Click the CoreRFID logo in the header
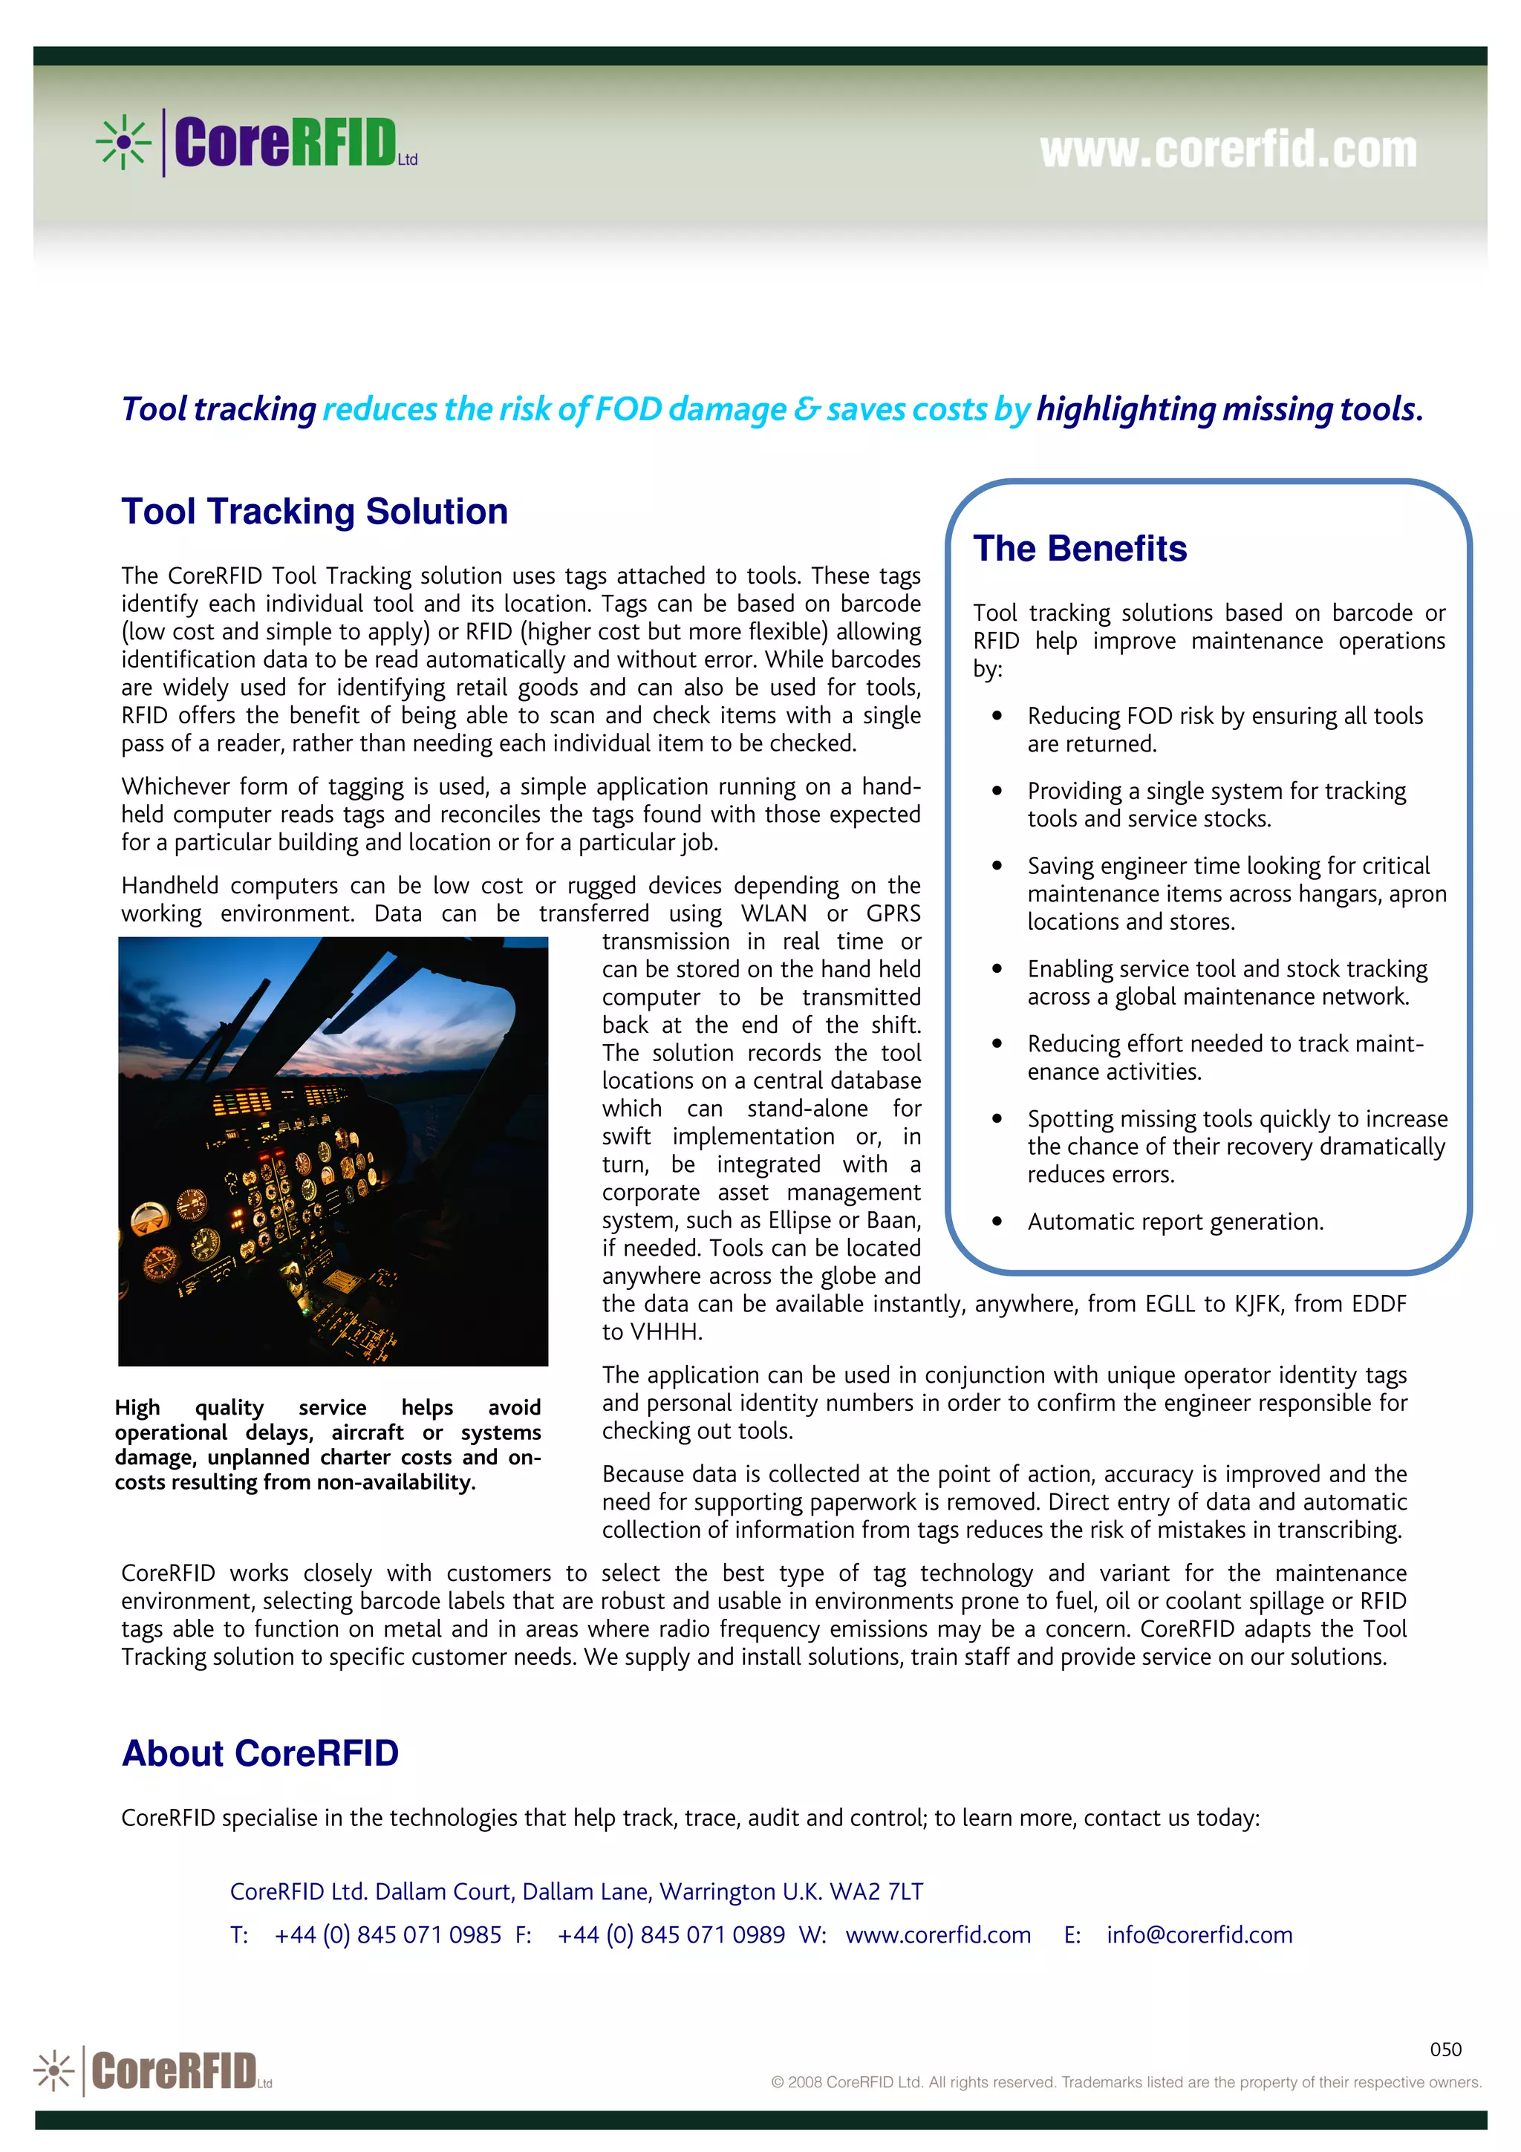click(x=258, y=143)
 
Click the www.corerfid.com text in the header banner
click(x=1228, y=150)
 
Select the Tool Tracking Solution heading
click(x=314, y=512)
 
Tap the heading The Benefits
click(x=1080, y=548)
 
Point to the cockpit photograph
click(x=333, y=1151)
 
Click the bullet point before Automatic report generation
click(x=997, y=1222)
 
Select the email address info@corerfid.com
click(x=1199, y=1934)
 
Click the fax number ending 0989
click(x=671, y=1934)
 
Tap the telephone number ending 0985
click(x=388, y=1934)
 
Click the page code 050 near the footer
click(x=1445, y=2049)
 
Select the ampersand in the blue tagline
click(x=805, y=410)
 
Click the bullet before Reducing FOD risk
click(x=997, y=715)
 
